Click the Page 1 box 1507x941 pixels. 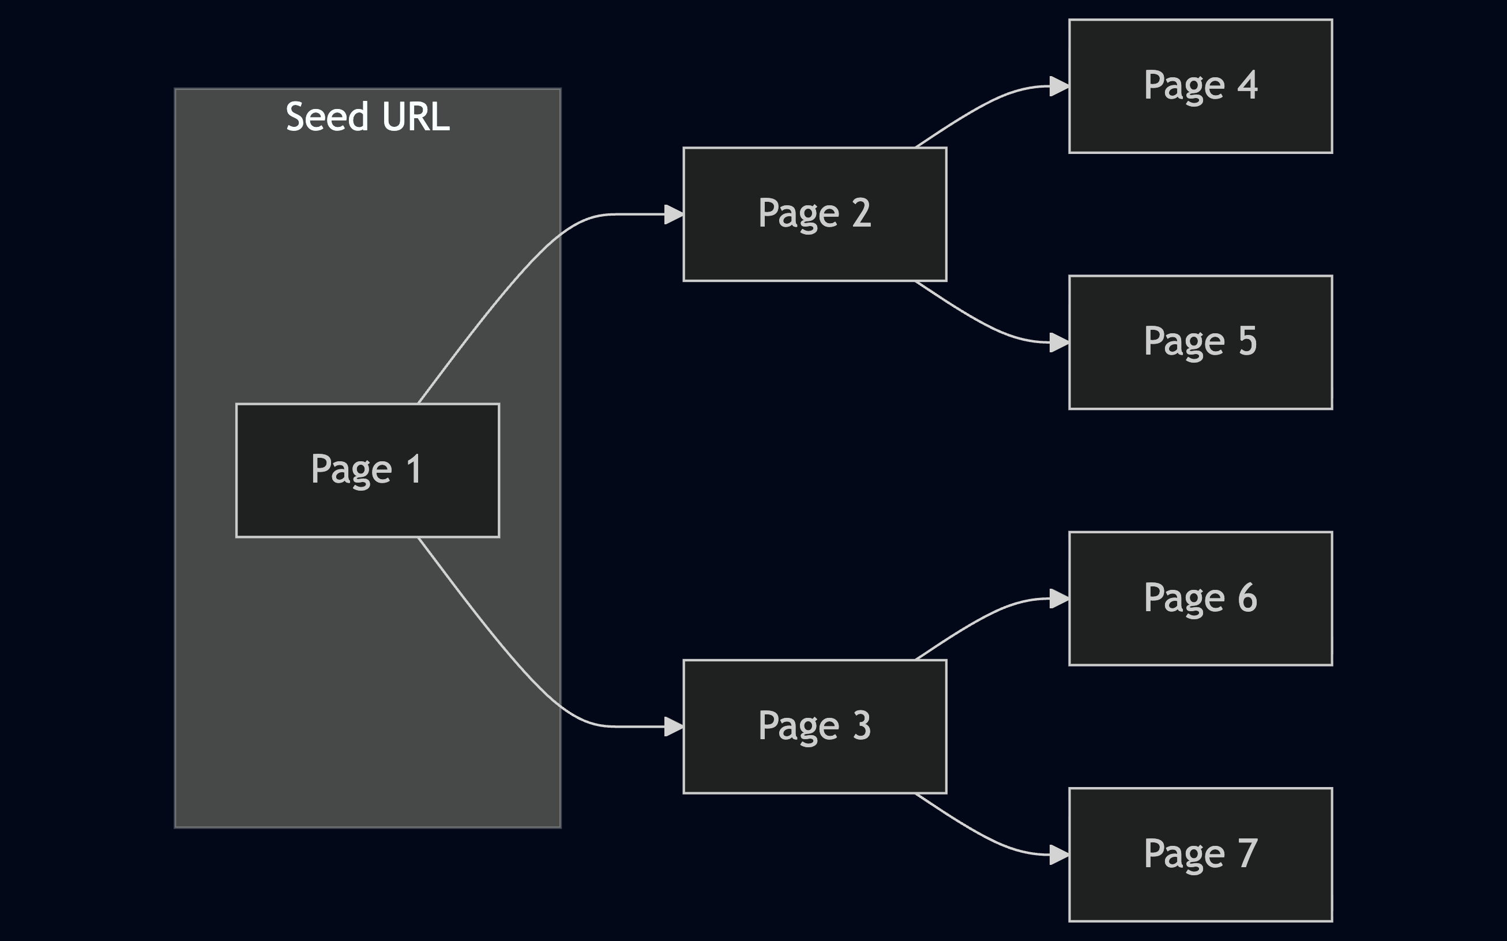click(x=367, y=470)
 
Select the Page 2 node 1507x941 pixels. click(x=814, y=214)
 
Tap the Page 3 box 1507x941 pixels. click(x=814, y=727)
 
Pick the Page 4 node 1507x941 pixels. click(x=1200, y=86)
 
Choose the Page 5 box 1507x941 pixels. click(x=1200, y=342)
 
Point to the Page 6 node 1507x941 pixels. click(x=1200, y=599)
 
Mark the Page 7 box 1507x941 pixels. click(x=1200, y=855)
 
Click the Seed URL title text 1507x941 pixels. click(x=367, y=116)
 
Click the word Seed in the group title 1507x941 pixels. click(x=328, y=116)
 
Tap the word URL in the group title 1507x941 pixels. click(x=416, y=116)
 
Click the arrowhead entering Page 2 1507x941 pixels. click(x=674, y=214)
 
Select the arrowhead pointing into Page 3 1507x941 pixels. click(x=674, y=727)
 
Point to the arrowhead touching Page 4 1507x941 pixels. click(x=1059, y=86)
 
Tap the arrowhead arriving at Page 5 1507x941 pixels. click(x=1059, y=342)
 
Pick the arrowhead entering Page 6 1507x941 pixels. click(x=1059, y=599)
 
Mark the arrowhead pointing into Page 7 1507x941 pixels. click(x=1059, y=855)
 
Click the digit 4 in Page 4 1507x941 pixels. click(x=1247, y=85)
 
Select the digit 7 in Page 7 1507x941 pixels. click(x=1247, y=853)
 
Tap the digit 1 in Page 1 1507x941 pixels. click(x=414, y=469)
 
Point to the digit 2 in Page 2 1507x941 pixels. click(x=861, y=213)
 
